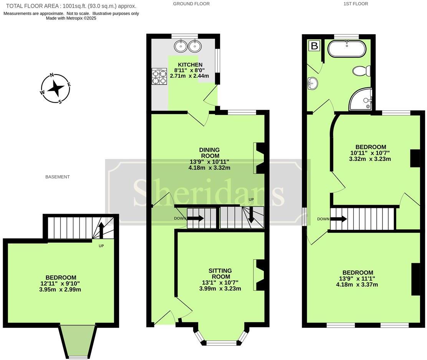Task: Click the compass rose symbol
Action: pos(56,88)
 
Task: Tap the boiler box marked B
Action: pos(314,46)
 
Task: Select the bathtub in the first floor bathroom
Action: pos(347,50)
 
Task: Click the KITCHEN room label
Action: pos(190,65)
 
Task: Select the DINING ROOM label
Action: pos(209,153)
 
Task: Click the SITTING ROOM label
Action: pos(220,274)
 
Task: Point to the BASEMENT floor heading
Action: pos(58,177)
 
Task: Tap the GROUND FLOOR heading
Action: pos(191,4)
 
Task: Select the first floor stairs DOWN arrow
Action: pos(339,219)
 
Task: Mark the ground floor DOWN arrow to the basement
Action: pos(195,218)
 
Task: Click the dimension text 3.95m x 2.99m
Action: pos(61,289)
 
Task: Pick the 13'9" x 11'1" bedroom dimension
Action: pos(357,279)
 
